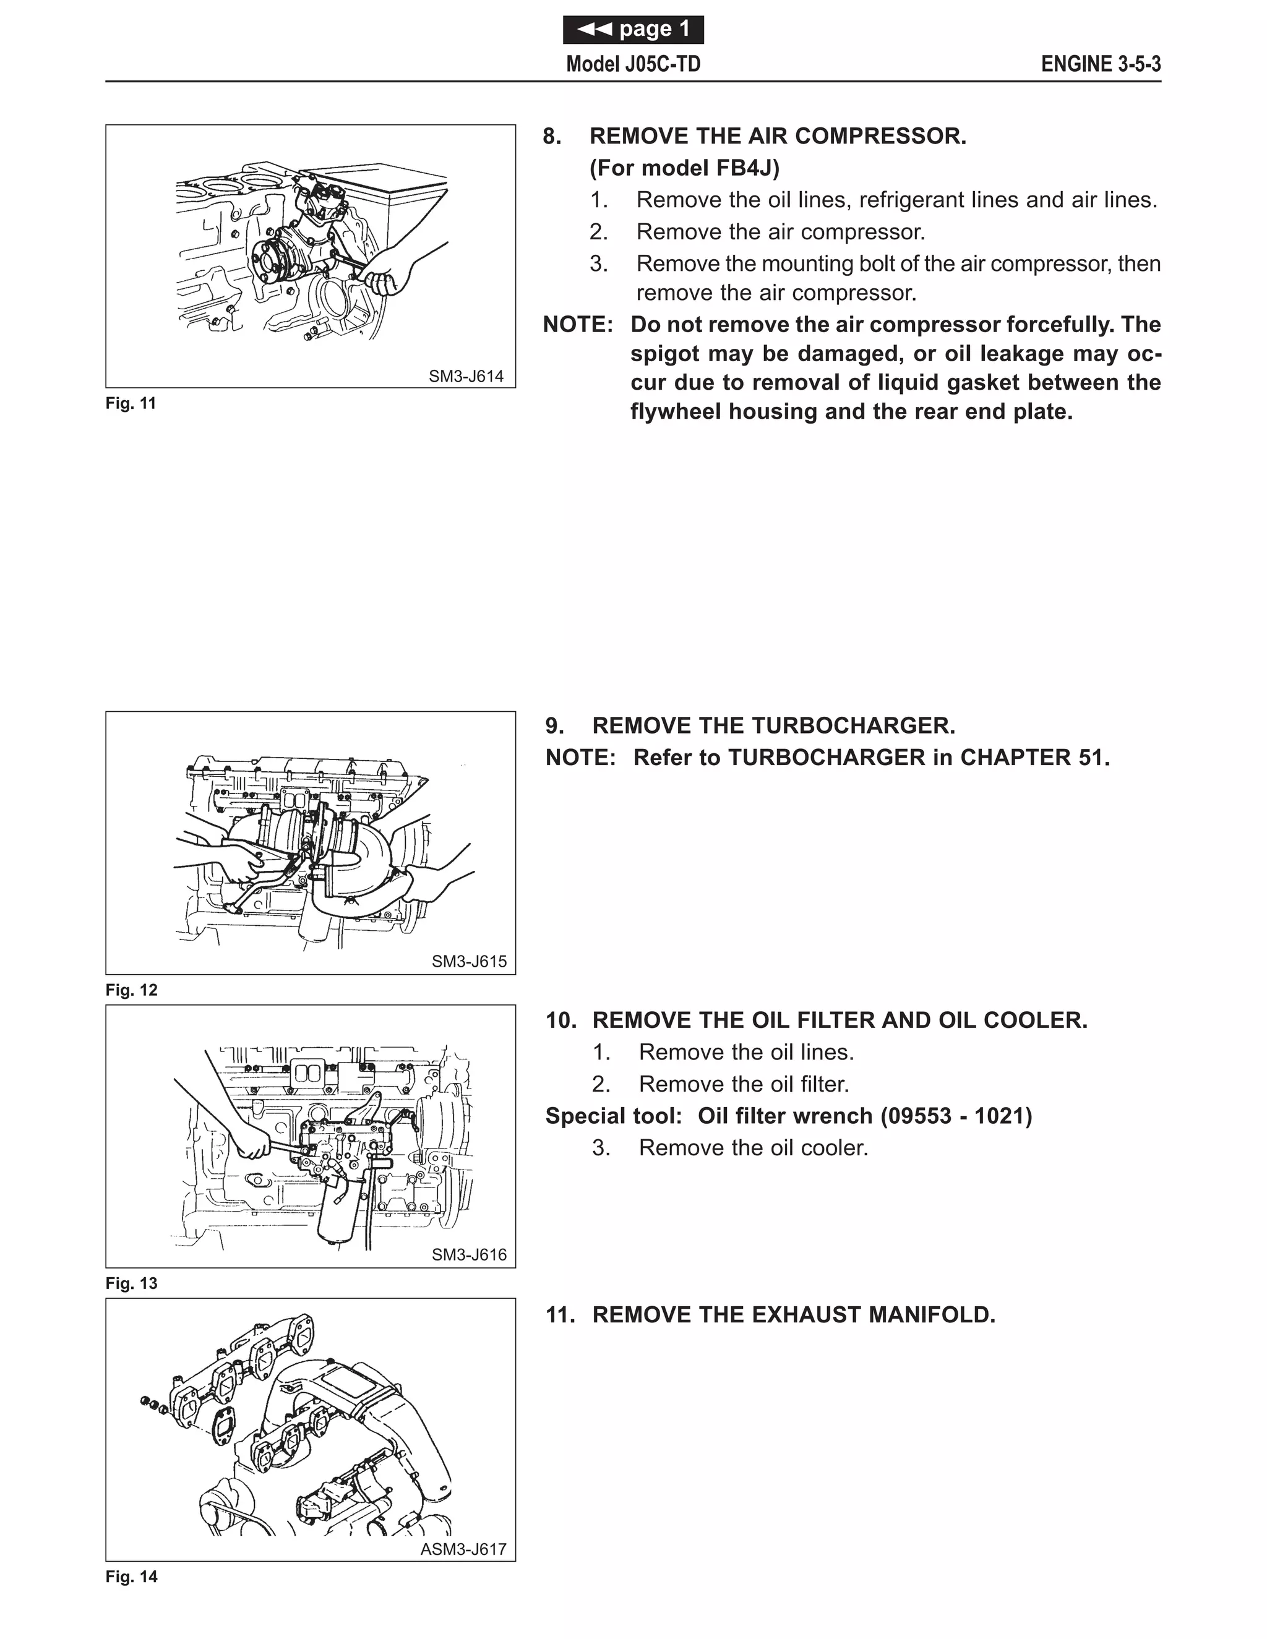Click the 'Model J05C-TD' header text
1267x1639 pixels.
(633, 64)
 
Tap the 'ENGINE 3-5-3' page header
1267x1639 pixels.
(1101, 64)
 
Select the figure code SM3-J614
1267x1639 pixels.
(465, 377)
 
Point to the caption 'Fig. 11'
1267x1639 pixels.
(131, 404)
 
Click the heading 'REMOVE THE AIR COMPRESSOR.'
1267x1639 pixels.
(778, 137)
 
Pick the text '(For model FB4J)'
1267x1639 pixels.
(685, 168)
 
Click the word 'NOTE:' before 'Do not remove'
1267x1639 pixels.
(578, 325)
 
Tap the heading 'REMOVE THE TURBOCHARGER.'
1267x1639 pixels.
(773, 725)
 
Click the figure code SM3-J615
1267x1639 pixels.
(468, 961)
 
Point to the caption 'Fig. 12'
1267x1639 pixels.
(131, 990)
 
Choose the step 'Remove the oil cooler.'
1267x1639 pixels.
(753, 1148)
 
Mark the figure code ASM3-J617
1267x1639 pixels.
(463, 1549)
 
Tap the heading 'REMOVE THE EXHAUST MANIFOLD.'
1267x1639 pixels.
(793, 1315)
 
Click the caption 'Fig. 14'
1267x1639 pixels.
(131, 1577)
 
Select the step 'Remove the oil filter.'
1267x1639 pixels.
(743, 1084)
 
